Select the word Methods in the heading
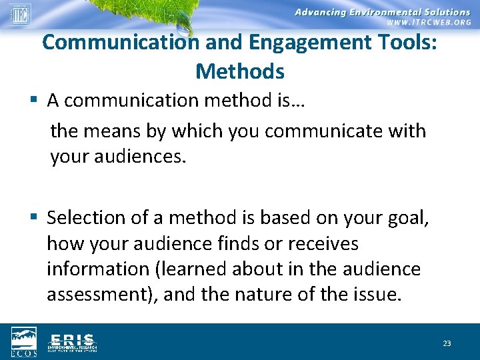240,71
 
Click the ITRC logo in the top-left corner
20,14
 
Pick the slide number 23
447,343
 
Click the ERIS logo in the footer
72,341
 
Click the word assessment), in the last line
102,295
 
